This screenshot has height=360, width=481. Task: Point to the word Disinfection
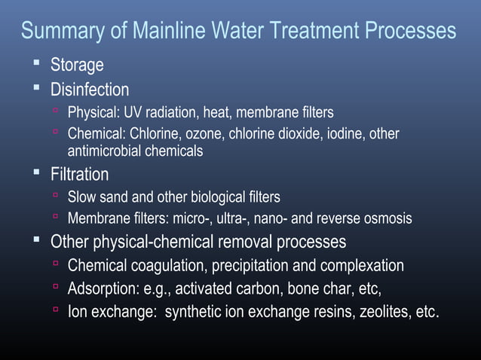pos(90,90)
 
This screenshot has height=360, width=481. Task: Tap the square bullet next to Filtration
pos(35,172)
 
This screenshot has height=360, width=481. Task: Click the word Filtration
pos(79,175)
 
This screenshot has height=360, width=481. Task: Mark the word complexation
pos(361,266)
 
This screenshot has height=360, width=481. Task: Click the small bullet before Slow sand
pos(56,196)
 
